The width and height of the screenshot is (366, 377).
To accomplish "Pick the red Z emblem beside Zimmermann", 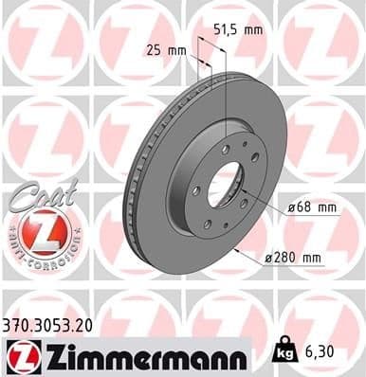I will (x=23, y=355).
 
